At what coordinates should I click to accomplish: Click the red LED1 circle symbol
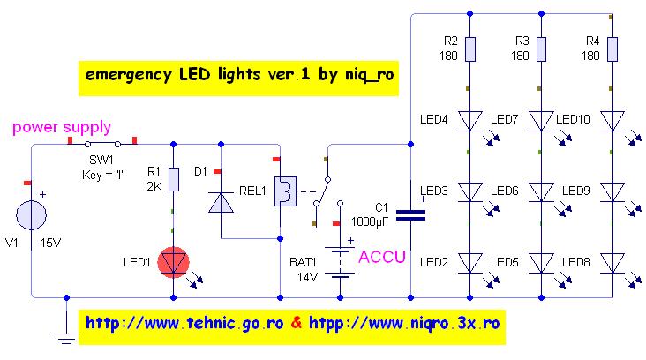[x=173, y=261]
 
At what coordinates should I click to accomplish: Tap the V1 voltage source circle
[x=31, y=215]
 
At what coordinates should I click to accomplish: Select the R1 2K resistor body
[x=173, y=180]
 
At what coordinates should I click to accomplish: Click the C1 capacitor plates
[x=411, y=212]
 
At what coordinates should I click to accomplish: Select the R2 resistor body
[x=469, y=49]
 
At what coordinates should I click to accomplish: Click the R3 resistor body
[x=539, y=49]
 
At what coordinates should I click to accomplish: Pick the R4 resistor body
[x=611, y=49]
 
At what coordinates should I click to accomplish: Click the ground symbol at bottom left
[x=66, y=332]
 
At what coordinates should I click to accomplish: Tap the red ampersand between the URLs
[x=297, y=323]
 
